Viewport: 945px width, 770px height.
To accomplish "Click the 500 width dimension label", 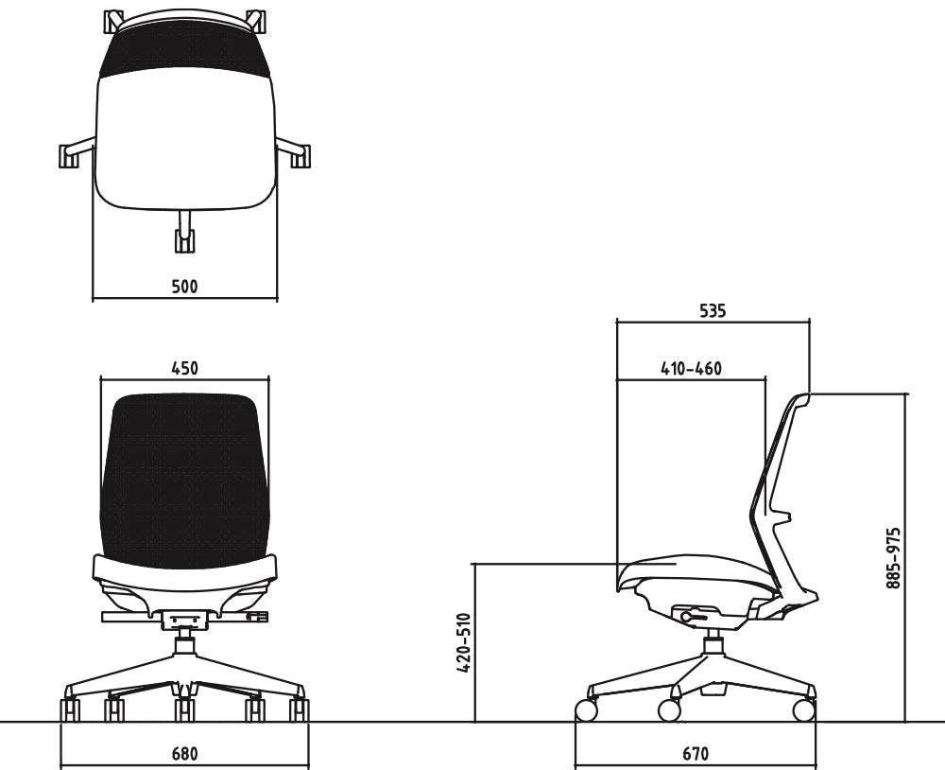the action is click(184, 286).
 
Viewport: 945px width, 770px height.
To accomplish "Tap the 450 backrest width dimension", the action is click(184, 368).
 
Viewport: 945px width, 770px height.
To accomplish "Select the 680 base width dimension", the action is click(184, 754).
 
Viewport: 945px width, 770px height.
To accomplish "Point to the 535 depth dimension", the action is click(713, 311).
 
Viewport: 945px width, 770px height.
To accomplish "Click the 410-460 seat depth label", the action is click(692, 368).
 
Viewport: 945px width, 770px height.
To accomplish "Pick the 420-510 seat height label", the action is click(463, 643).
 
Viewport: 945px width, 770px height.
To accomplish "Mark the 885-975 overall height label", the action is click(894, 558).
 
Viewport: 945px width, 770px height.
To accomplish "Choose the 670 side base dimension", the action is click(696, 754).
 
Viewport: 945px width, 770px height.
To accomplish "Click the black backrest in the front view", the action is click(184, 480).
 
